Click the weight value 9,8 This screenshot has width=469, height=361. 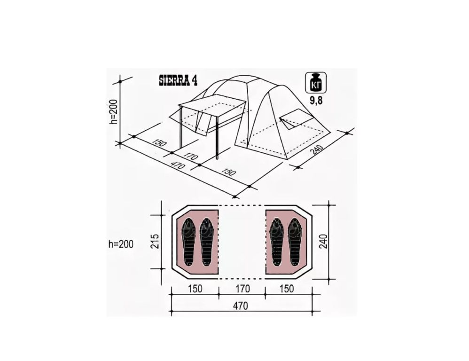pos(316,101)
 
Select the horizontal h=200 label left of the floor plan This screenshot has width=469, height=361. pos(121,244)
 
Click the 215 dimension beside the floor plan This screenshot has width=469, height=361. pos(155,241)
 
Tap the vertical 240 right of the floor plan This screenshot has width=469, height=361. pos(323,241)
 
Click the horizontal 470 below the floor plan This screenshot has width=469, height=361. pos(241,306)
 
